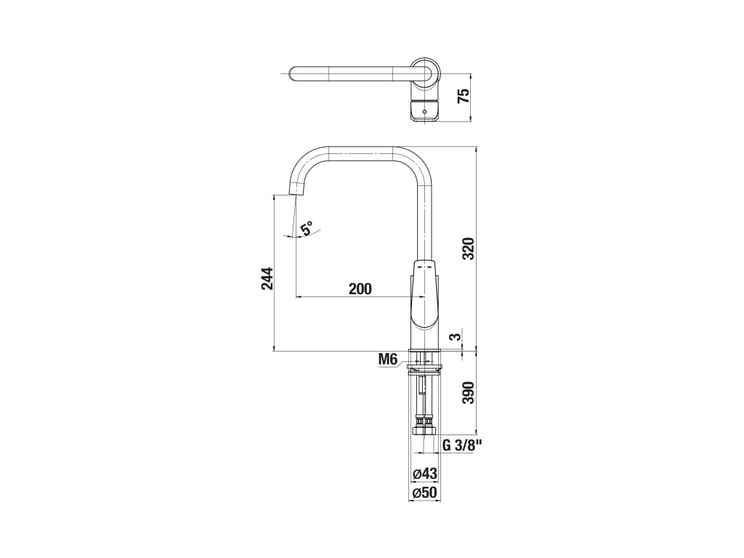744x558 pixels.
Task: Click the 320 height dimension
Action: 469,248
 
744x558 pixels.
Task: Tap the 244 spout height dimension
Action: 267,278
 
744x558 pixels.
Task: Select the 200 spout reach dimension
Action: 360,288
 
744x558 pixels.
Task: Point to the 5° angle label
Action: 307,227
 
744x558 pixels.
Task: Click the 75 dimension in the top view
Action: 463,95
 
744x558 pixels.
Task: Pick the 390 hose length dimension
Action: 469,392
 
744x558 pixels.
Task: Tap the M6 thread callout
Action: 387,360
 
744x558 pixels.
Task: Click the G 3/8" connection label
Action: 462,445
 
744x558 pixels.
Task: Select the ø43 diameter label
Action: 424,474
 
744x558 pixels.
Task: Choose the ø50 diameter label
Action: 424,493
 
